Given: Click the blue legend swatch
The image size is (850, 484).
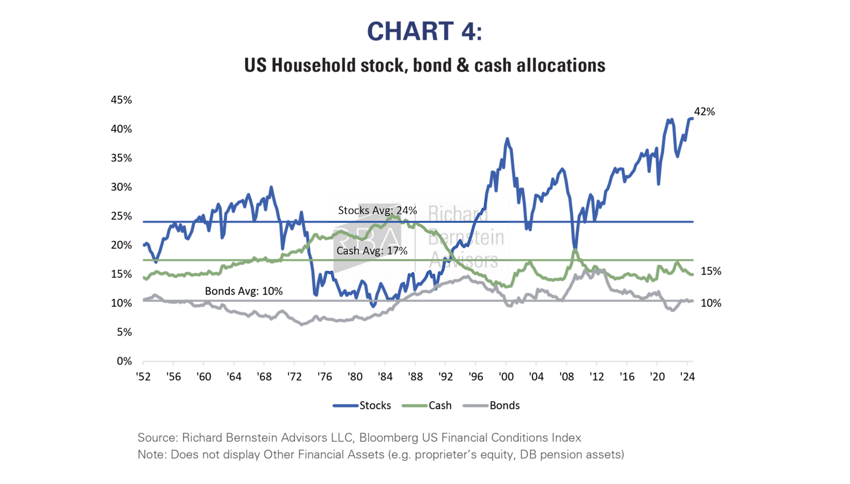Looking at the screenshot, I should coord(346,406).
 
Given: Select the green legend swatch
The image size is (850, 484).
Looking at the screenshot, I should coord(415,406).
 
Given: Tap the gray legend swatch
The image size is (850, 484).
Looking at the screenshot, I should coord(476,406).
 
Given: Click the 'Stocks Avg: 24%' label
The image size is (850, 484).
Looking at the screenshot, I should coord(377,211).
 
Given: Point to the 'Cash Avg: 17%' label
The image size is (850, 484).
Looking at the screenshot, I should coord(372,250).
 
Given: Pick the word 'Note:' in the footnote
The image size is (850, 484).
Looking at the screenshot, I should coord(151,454).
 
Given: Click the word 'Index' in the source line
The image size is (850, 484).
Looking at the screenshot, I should coord(567,438).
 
